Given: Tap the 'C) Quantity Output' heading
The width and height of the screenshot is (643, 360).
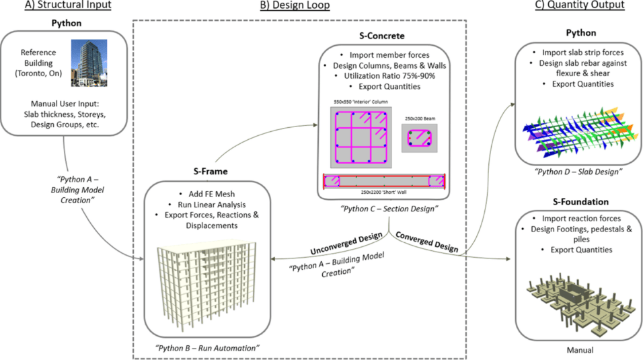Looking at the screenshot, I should [579, 5].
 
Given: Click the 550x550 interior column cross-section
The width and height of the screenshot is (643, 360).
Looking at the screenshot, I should [360, 138].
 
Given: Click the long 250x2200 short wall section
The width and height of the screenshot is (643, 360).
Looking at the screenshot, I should [385, 182].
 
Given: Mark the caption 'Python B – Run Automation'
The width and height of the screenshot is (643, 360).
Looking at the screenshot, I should [207, 348].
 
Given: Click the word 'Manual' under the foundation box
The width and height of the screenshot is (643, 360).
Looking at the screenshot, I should [579, 349].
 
